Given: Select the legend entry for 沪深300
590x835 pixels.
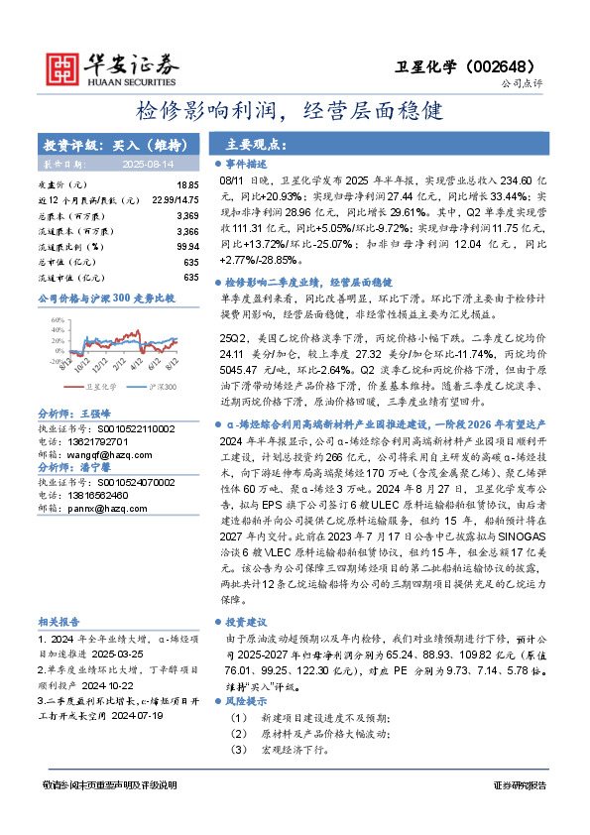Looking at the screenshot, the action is coord(162,388).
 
